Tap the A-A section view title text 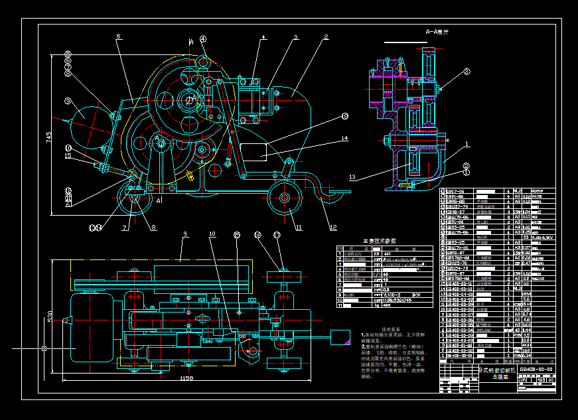click(x=437, y=32)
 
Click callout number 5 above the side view click(x=118, y=37)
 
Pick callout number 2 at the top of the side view click(x=326, y=37)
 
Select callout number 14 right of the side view click(x=344, y=139)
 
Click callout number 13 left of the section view click(x=353, y=177)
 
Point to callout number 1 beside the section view click(x=467, y=143)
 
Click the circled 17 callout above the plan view click(x=277, y=235)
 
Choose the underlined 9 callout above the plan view click(x=186, y=234)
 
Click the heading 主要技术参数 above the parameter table click(x=378, y=241)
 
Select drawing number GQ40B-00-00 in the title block click(x=536, y=369)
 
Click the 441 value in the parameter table click(x=388, y=253)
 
